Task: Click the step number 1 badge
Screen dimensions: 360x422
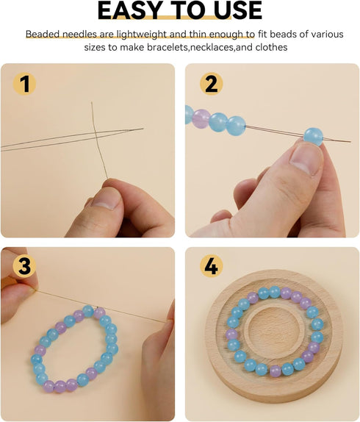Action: pyautogui.click(x=24, y=84)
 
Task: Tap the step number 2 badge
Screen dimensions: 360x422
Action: pyautogui.click(x=212, y=84)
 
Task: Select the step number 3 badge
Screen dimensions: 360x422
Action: pyautogui.click(x=24, y=266)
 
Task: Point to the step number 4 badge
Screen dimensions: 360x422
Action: pyautogui.click(x=212, y=266)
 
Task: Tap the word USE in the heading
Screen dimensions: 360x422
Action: pyautogui.click(x=238, y=10)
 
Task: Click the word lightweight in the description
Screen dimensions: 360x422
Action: pyautogui.click(x=139, y=35)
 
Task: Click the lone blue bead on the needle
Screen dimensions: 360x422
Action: pyautogui.click(x=313, y=137)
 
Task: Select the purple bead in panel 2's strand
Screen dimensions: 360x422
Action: pyautogui.click(x=201, y=118)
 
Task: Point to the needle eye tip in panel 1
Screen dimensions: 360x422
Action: pyautogui.click(x=143, y=129)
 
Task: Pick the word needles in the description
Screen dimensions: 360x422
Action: pyautogui.click(x=79, y=35)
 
